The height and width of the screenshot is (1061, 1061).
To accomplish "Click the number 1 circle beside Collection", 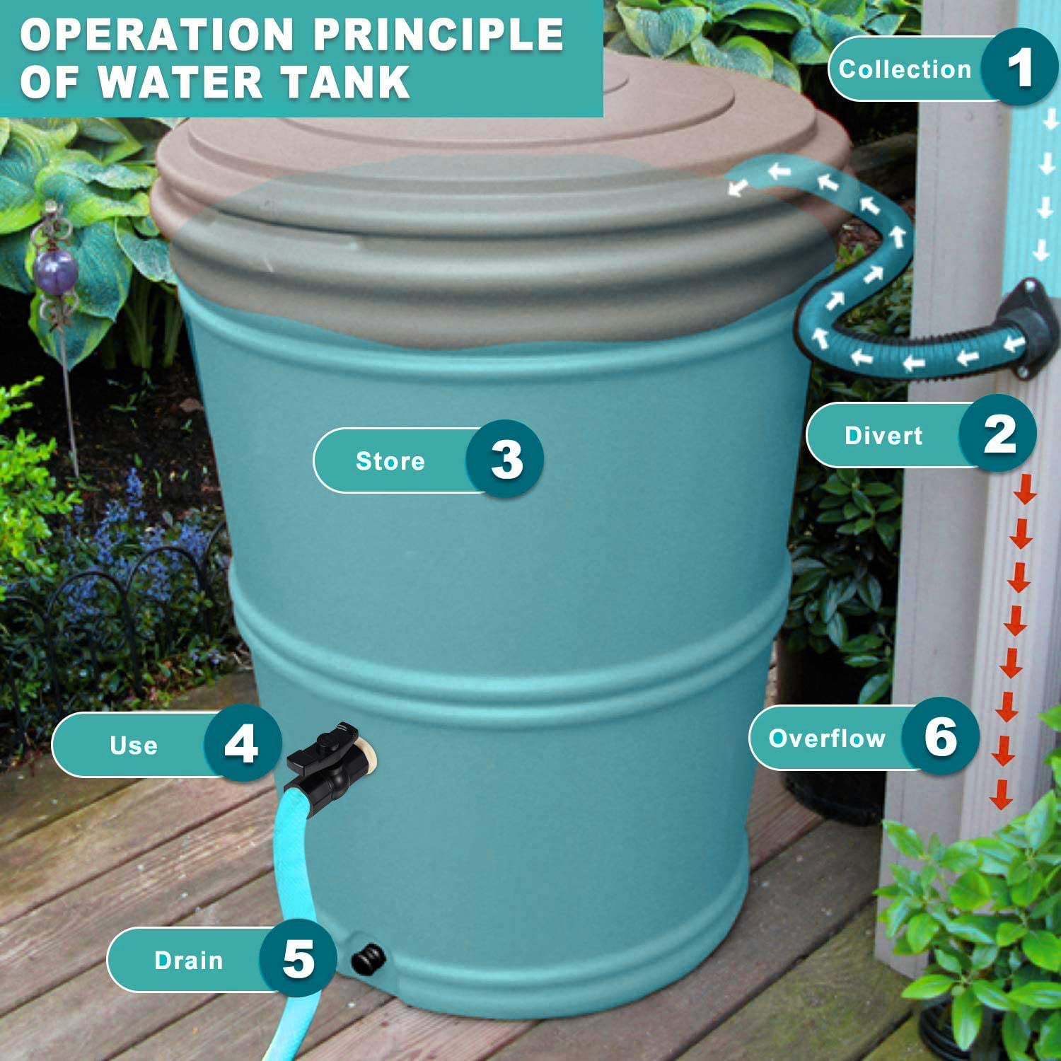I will coord(1020,68).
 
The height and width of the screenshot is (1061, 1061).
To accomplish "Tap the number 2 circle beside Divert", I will coord(999,434).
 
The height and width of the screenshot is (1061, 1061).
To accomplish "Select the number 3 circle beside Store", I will coord(506,460).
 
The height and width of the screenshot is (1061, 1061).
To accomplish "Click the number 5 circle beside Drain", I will coord(298,959).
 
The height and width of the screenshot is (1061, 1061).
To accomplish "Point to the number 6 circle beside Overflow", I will coord(941,737).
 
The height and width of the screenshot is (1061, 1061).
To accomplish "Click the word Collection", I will coord(905,69).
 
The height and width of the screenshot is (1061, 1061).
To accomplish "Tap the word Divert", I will coord(883,436).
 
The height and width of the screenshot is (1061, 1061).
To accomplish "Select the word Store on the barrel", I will coord(390,461).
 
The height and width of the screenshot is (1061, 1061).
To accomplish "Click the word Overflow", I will coord(827,738).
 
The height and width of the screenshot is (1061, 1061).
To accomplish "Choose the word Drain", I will coord(188,961).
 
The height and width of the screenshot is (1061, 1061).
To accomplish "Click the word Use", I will coord(134,746).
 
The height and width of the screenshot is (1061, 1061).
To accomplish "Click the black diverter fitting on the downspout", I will coord(1033,329).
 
